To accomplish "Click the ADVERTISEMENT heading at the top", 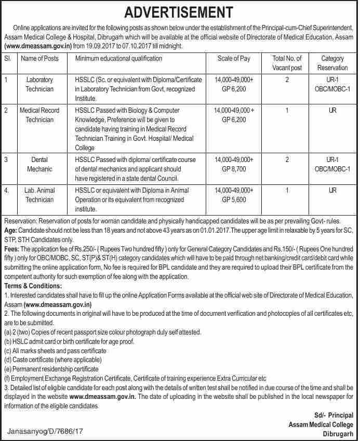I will pyautogui.click(x=180, y=11).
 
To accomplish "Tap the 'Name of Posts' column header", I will pyautogui.click(x=39, y=59).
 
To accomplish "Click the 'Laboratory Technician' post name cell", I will pyautogui.click(x=39, y=84).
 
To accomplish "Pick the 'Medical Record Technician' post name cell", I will pyautogui.click(x=39, y=115).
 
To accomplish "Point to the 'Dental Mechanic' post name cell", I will pyautogui.click(x=39, y=164).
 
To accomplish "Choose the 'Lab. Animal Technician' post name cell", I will pyautogui.click(x=39, y=195).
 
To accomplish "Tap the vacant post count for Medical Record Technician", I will pyautogui.click(x=287, y=110).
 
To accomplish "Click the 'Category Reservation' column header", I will pyautogui.click(x=332, y=63).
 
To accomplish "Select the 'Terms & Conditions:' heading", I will pyautogui.click(x=33, y=286).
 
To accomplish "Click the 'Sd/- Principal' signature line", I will pyautogui.click(x=334, y=415).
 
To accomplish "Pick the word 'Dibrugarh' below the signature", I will pyautogui.click(x=338, y=433).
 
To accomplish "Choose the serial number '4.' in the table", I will pyautogui.click(x=7, y=190).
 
